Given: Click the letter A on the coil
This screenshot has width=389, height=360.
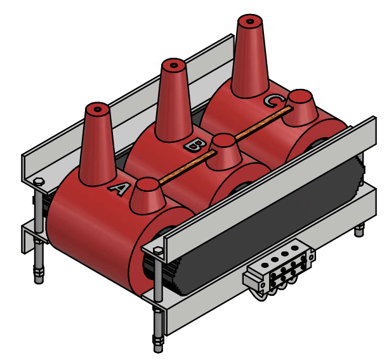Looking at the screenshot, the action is click(x=119, y=189).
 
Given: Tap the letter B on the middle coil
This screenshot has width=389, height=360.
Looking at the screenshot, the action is click(x=194, y=145).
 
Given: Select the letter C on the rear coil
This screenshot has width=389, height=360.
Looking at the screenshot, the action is click(x=274, y=102).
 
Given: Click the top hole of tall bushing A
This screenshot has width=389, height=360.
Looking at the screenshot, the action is click(x=98, y=109).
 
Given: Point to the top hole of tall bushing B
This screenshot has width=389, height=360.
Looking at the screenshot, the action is click(x=174, y=65).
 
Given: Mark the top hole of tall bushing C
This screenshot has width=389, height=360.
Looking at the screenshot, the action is click(x=249, y=22).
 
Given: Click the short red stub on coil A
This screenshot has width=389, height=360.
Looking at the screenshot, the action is click(x=148, y=196).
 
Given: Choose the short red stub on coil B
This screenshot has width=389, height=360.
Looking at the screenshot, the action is click(x=225, y=152).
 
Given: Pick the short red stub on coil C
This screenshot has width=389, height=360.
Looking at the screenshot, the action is click(x=300, y=108).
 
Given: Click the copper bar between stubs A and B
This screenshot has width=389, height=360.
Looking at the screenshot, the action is click(x=187, y=167).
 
